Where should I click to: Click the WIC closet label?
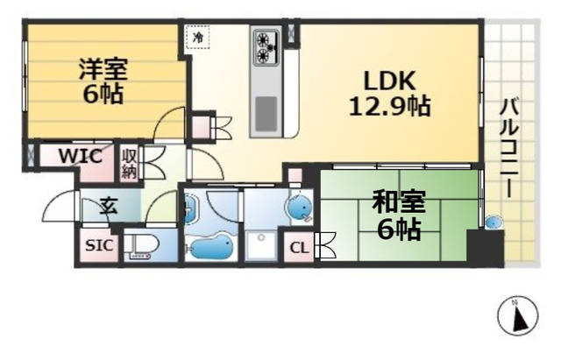[x=80, y=157]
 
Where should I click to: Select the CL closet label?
[x=298, y=248]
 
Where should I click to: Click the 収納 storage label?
[x=130, y=162]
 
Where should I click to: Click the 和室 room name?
[x=399, y=201]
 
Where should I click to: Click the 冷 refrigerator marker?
[x=197, y=38]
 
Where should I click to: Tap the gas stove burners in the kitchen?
[x=266, y=48]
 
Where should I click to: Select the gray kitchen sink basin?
[x=266, y=111]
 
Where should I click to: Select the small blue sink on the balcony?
[x=494, y=222]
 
